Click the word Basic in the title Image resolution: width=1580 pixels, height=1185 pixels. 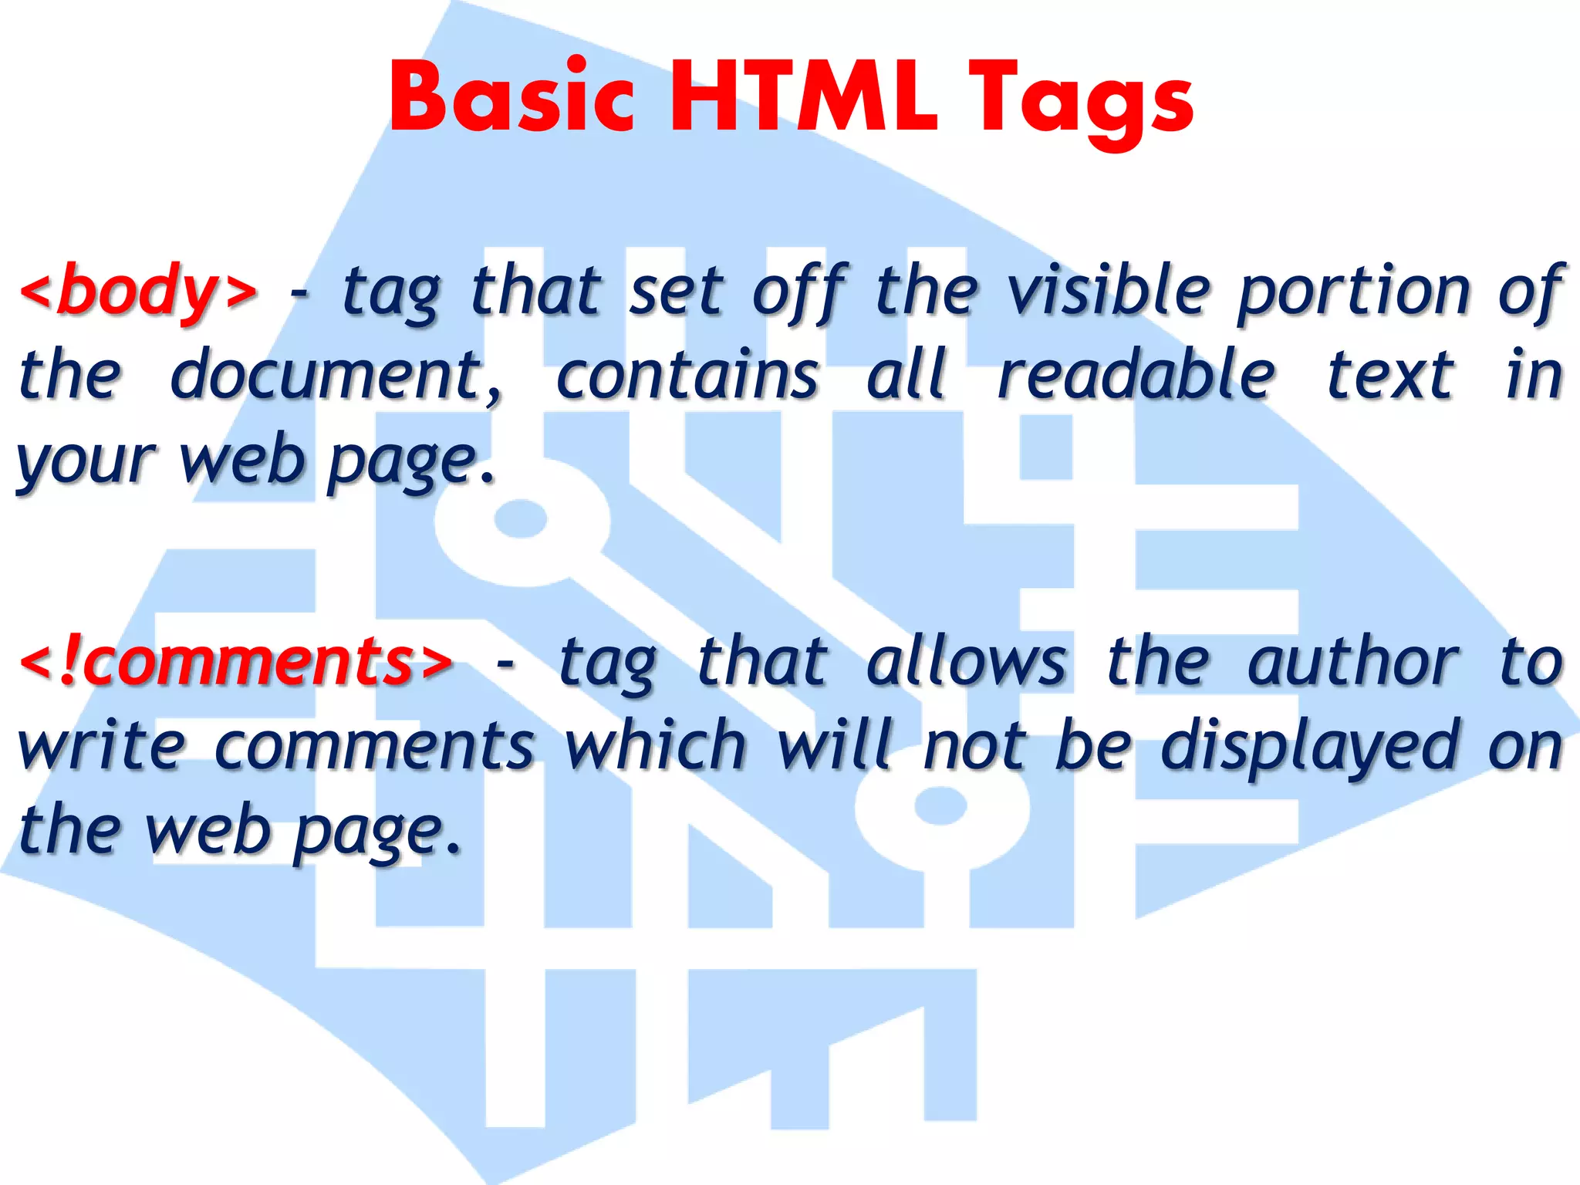(x=512, y=99)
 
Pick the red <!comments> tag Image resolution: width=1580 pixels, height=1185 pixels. (x=236, y=662)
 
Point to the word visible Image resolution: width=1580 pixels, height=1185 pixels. (x=1109, y=290)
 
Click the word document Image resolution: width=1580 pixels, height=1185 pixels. (x=336, y=375)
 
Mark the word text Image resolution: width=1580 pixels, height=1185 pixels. (x=1390, y=375)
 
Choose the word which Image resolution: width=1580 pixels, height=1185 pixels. (x=656, y=745)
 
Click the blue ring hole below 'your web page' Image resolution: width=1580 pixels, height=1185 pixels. (x=521, y=521)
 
